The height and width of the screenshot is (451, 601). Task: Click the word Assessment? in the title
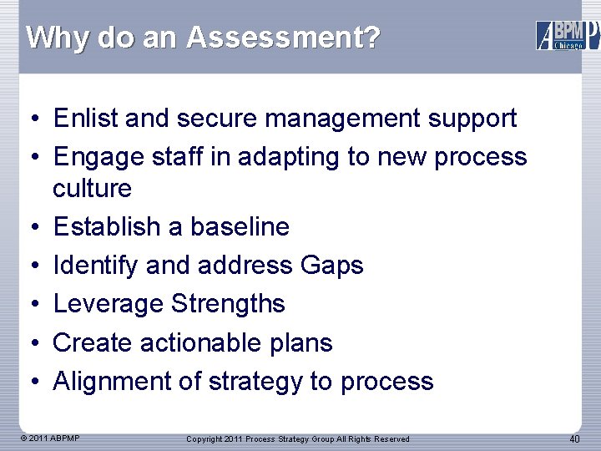[x=283, y=38]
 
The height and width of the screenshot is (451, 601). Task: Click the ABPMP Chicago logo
[x=566, y=35]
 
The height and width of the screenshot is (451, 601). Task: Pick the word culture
[x=92, y=188]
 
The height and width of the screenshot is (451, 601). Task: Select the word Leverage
[x=109, y=304]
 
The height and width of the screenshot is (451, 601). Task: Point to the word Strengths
[x=228, y=304]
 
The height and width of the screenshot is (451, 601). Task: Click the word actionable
[x=208, y=342]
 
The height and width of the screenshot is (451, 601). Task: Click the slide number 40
[x=574, y=439]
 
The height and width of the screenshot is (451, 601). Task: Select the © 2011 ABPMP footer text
[x=51, y=438]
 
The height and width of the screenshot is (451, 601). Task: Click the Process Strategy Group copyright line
[x=298, y=439]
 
